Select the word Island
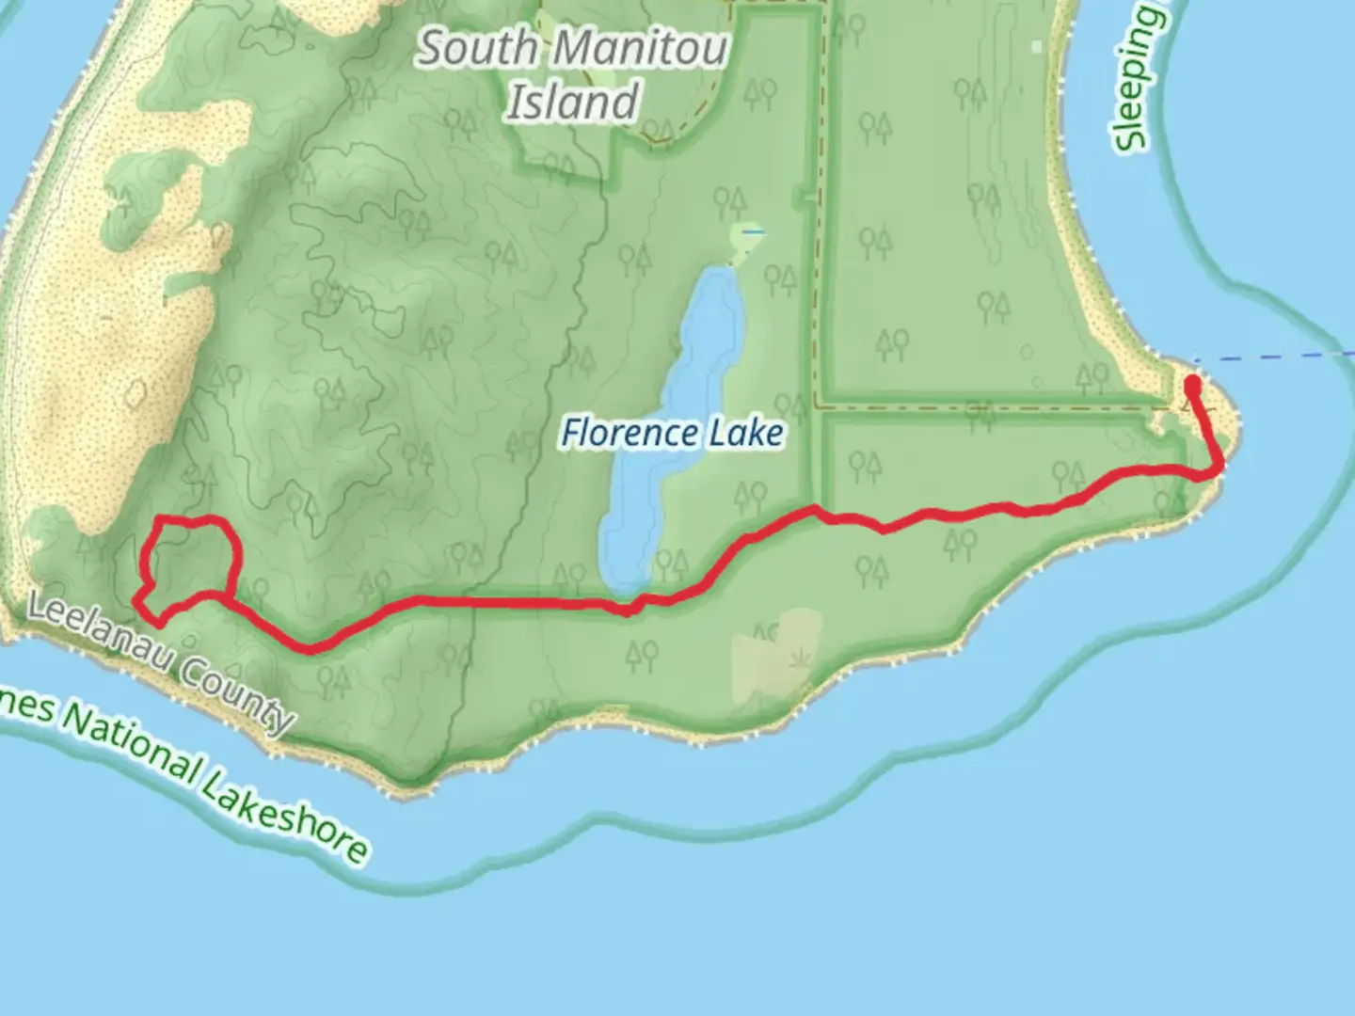(x=573, y=103)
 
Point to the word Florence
(x=629, y=434)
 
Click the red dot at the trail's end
(x=1192, y=385)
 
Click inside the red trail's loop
(x=188, y=560)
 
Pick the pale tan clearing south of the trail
(x=776, y=654)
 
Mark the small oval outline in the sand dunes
(x=135, y=392)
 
